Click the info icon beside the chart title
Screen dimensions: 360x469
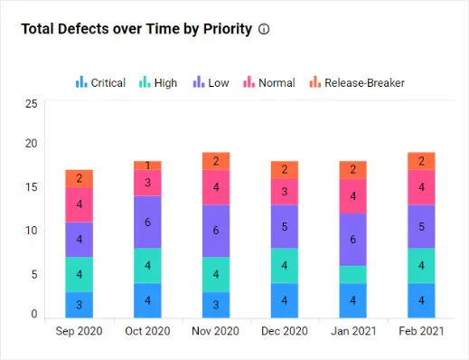(x=264, y=29)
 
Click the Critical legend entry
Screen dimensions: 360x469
(x=100, y=82)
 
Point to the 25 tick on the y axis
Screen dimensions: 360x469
(x=31, y=104)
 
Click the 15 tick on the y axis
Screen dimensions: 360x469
(x=31, y=187)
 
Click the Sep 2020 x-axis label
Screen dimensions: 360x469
(x=80, y=331)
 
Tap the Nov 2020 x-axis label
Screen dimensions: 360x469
(x=216, y=331)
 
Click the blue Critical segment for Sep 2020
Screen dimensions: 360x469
(x=80, y=305)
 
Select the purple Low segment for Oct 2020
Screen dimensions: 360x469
(x=148, y=222)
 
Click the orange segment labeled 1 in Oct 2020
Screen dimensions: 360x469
(x=148, y=166)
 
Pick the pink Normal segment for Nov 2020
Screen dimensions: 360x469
(x=216, y=187)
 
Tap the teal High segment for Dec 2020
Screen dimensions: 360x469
(x=285, y=266)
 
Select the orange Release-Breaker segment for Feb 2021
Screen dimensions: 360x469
(x=421, y=161)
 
